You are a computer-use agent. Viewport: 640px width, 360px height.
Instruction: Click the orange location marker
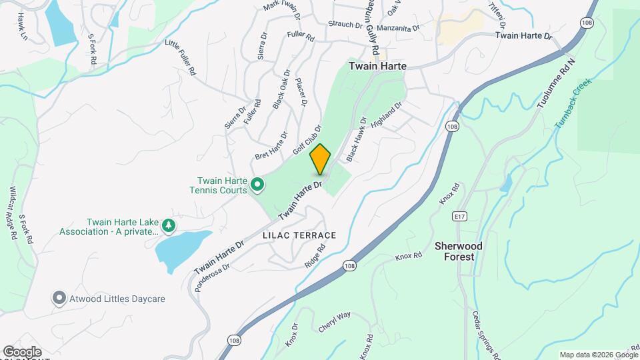(x=320, y=159)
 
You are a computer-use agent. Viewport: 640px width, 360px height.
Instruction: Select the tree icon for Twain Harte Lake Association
(x=169, y=227)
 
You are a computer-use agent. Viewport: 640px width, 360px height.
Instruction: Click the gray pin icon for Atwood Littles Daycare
(x=59, y=299)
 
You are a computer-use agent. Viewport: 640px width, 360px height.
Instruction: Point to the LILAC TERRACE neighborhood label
(x=299, y=235)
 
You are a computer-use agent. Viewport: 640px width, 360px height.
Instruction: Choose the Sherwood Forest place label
(x=459, y=251)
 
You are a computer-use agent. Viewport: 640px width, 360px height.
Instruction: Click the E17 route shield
(x=458, y=217)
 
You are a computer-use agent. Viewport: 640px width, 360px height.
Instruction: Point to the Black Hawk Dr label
(x=357, y=139)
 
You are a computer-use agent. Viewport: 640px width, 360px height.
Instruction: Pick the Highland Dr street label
(x=389, y=117)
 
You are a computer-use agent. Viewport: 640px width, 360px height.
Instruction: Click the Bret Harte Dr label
(x=271, y=146)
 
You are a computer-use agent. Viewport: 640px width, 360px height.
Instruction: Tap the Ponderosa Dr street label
(x=212, y=276)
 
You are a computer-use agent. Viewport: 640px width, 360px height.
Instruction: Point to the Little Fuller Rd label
(x=180, y=57)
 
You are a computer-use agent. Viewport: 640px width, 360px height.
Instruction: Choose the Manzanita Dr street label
(x=398, y=29)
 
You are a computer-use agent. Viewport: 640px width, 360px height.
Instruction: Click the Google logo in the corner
(x=21, y=351)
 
